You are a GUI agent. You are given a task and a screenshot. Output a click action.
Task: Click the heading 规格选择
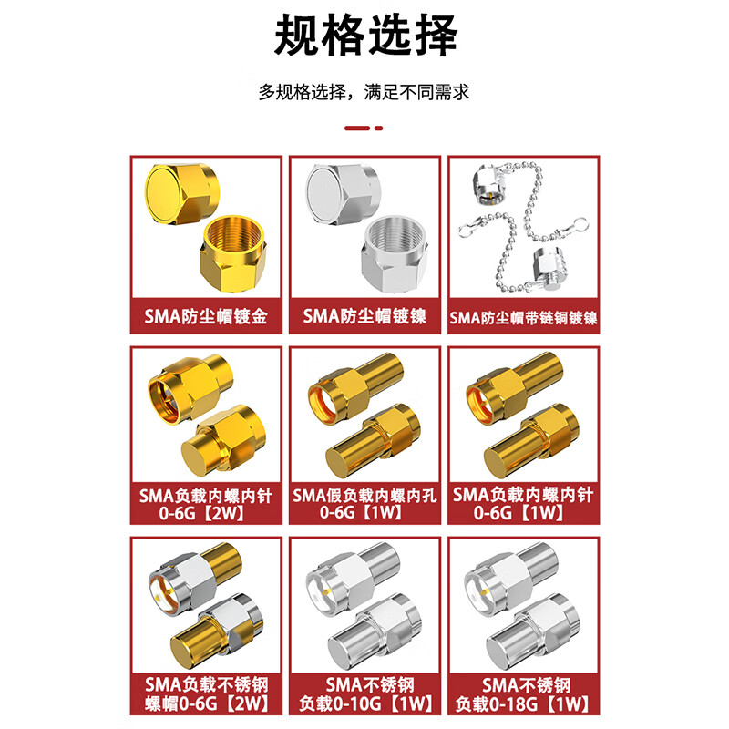(364, 37)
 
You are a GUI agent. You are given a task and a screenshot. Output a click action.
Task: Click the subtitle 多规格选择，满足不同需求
(364, 92)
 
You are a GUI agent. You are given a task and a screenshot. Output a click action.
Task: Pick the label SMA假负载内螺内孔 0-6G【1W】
(364, 505)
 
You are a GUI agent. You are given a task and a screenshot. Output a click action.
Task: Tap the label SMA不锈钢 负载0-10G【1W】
(364, 695)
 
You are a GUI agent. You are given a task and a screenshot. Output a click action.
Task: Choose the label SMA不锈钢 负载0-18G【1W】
(522, 695)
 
